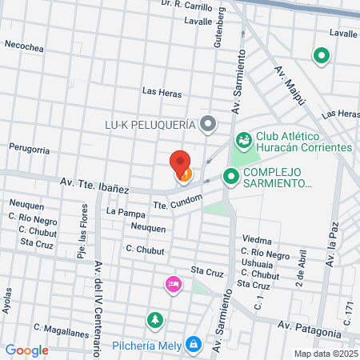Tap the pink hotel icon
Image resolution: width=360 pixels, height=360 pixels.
[x=172, y=284]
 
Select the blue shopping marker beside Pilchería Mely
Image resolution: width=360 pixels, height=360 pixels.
[x=192, y=345]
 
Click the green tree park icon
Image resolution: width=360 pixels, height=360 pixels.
[x=153, y=320]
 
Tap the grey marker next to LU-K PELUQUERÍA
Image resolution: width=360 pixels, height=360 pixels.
[x=209, y=124]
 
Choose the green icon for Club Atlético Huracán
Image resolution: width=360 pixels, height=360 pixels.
[x=245, y=140]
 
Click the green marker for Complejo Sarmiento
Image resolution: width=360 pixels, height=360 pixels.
[x=231, y=176]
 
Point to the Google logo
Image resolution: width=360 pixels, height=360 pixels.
[x=26, y=350]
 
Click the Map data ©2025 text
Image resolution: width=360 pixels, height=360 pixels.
[x=324, y=354]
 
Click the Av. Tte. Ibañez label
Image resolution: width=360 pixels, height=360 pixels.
[x=94, y=185]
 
